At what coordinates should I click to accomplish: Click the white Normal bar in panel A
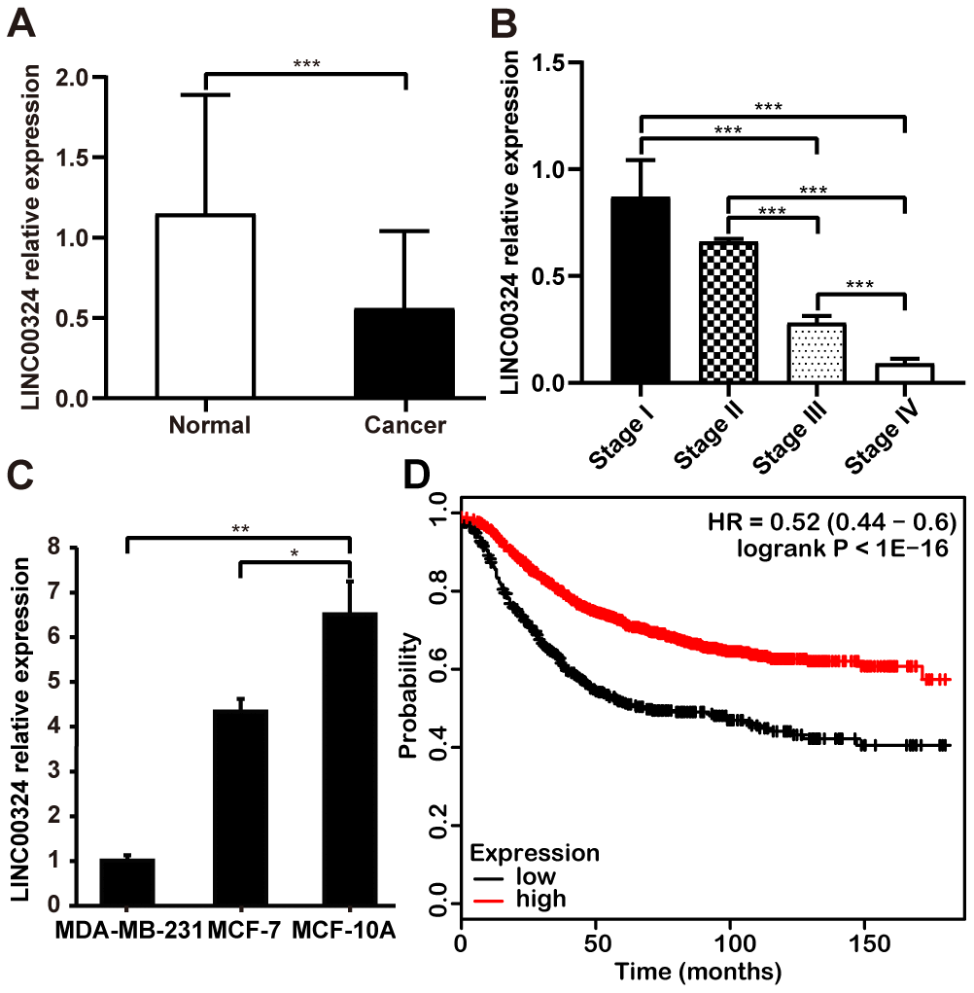pyautogui.click(x=205, y=306)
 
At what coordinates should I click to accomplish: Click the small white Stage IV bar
pyautogui.click(x=904, y=373)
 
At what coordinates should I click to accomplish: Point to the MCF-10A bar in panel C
pyautogui.click(x=349, y=759)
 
